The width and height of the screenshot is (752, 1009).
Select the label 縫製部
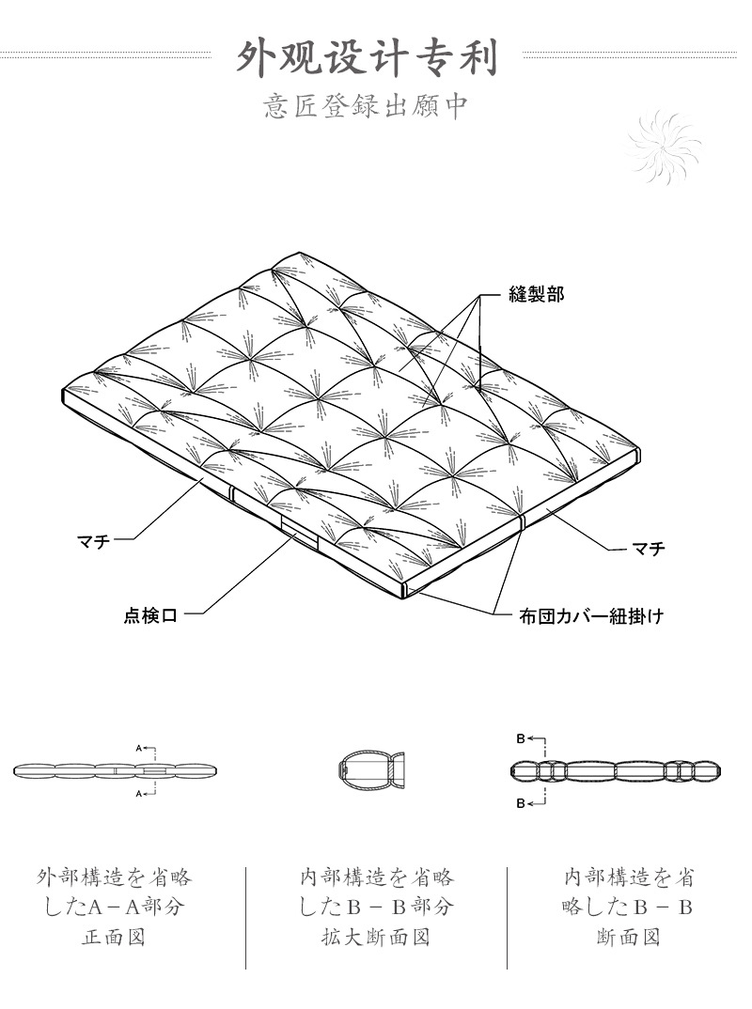click(536, 294)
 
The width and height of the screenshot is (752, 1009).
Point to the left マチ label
click(93, 539)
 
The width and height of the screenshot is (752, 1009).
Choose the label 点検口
click(150, 616)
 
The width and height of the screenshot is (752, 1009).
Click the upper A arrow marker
click(141, 749)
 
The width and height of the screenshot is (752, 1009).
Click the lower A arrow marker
click(141, 794)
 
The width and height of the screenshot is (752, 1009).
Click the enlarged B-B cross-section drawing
click(370, 770)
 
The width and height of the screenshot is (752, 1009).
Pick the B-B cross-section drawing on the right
click(616, 771)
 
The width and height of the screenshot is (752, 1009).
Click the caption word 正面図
click(115, 938)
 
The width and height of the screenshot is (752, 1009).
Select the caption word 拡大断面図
click(376, 938)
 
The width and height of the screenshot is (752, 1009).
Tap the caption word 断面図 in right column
click(628, 938)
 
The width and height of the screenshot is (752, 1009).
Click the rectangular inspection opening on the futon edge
click(301, 539)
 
